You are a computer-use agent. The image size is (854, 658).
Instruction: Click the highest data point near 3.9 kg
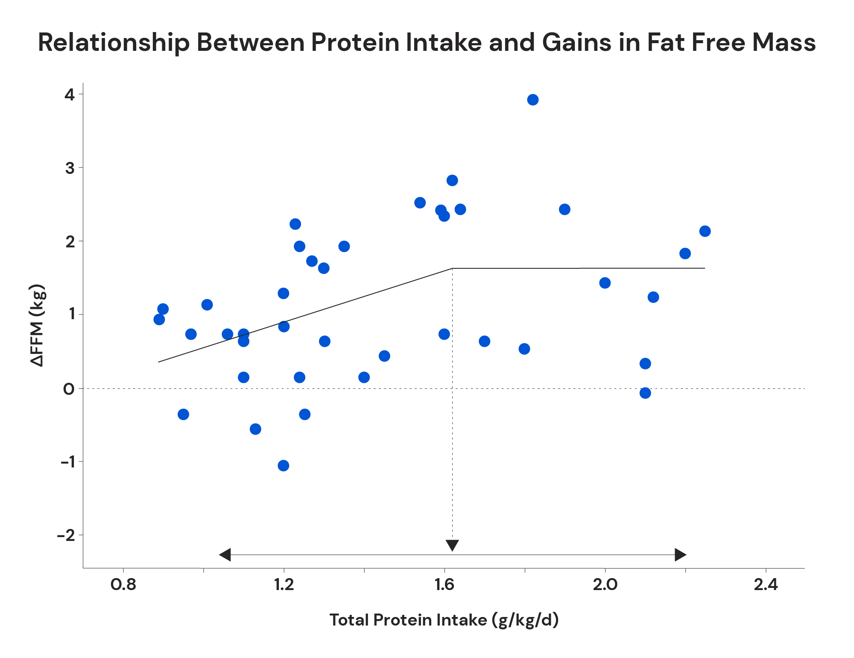pyautogui.click(x=532, y=100)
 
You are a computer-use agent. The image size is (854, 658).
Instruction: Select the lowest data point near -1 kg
pyautogui.click(x=283, y=466)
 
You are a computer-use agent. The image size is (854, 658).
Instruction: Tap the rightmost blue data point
pyautogui.click(x=705, y=231)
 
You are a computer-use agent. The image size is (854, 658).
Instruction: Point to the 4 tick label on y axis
pyautogui.click(x=70, y=94)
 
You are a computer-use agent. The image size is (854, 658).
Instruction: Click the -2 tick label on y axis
pyautogui.click(x=66, y=535)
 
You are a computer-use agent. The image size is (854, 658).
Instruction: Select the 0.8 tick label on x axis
pyautogui.click(x=123, y=585)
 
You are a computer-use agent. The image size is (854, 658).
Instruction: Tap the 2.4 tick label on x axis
pyautogui.click(x=766, y=585)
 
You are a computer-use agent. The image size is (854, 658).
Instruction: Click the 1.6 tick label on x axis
pyautogui.click(x=444, y=585)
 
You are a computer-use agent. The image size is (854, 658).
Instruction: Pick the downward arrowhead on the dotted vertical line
pyautogui.click(x=452, y=545)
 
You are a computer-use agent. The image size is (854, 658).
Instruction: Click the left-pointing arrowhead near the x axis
pyautogui.click(x=225, y=555)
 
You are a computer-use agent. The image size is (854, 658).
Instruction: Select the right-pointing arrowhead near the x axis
pyautogui.click(x=680, y=555)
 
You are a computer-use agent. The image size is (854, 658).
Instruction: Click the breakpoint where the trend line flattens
pyautogui.click(x=452, y=268)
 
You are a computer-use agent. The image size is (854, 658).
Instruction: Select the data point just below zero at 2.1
pyautogui.click(x=645, y=393)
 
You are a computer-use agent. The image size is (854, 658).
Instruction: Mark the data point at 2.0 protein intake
pyautogui.click(x=605, y=283)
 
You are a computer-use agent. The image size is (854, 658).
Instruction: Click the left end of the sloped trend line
pyautogui.click(x=159, y=362)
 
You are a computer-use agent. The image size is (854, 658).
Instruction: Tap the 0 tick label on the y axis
pyautogui.click(x=69, y=389)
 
